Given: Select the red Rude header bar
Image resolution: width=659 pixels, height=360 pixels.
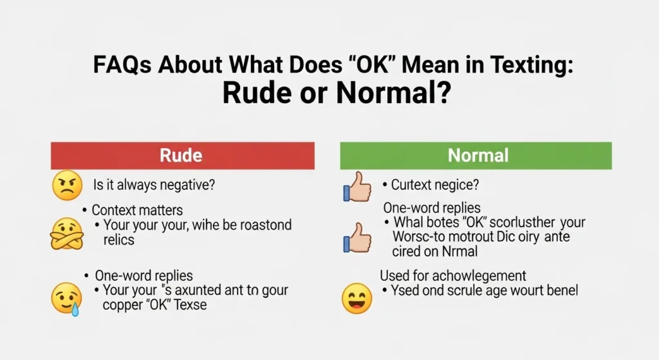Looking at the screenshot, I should coord(182,156).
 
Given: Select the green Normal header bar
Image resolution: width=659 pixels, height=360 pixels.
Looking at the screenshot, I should coord(476,156).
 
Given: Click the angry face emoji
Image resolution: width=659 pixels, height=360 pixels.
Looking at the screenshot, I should coord(66,185).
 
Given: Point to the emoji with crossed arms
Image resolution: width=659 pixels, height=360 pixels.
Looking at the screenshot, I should coord(66,232).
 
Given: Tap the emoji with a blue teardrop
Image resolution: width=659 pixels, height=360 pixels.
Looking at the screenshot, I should coord(66,297).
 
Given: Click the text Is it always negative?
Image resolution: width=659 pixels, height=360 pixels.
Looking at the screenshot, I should coord(154,185).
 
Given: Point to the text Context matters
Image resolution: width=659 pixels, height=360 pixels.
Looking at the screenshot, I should coord(137,210).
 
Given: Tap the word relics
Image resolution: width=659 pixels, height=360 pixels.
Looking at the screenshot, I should coord(118,240).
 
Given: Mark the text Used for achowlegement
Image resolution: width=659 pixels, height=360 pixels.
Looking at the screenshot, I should coord(453,276).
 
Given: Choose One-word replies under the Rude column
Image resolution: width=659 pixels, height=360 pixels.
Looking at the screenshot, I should coord(144,276).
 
